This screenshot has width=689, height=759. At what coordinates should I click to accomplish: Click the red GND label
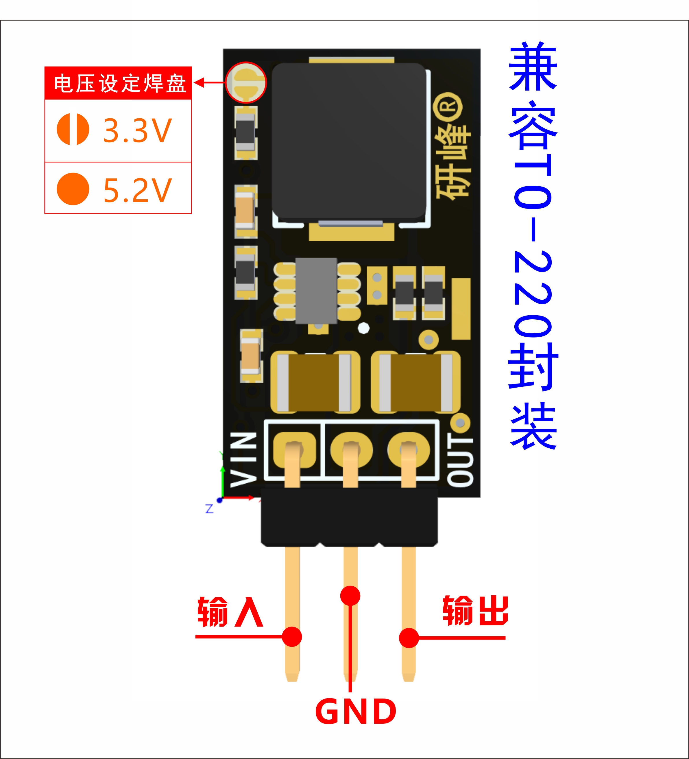pos(356,711)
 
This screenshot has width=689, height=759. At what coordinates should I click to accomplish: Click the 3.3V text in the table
pos(137,130)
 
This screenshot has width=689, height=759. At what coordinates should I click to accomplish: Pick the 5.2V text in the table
pos(137,190)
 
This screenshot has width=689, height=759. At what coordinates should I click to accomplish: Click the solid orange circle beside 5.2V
pos(73,189)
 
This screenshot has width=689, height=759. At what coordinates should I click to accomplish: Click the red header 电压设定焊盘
pos(119,83)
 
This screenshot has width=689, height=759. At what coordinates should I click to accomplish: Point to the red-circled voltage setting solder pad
pos(246,82)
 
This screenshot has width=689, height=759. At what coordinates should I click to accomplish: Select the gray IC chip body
pos(316,291)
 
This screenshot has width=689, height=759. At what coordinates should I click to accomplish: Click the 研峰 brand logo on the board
pos(452,151)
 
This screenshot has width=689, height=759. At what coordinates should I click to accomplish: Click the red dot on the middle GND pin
pos(350,596)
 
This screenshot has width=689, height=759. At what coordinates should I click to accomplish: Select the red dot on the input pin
pos(292,637)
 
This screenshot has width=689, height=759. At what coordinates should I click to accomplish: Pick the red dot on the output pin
pos(409,638)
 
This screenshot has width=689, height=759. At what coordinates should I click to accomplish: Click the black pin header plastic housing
pos(349,517)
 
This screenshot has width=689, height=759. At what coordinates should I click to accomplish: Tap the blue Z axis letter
pos(209,509)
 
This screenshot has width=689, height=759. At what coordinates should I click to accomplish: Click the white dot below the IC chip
pos(363,328)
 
